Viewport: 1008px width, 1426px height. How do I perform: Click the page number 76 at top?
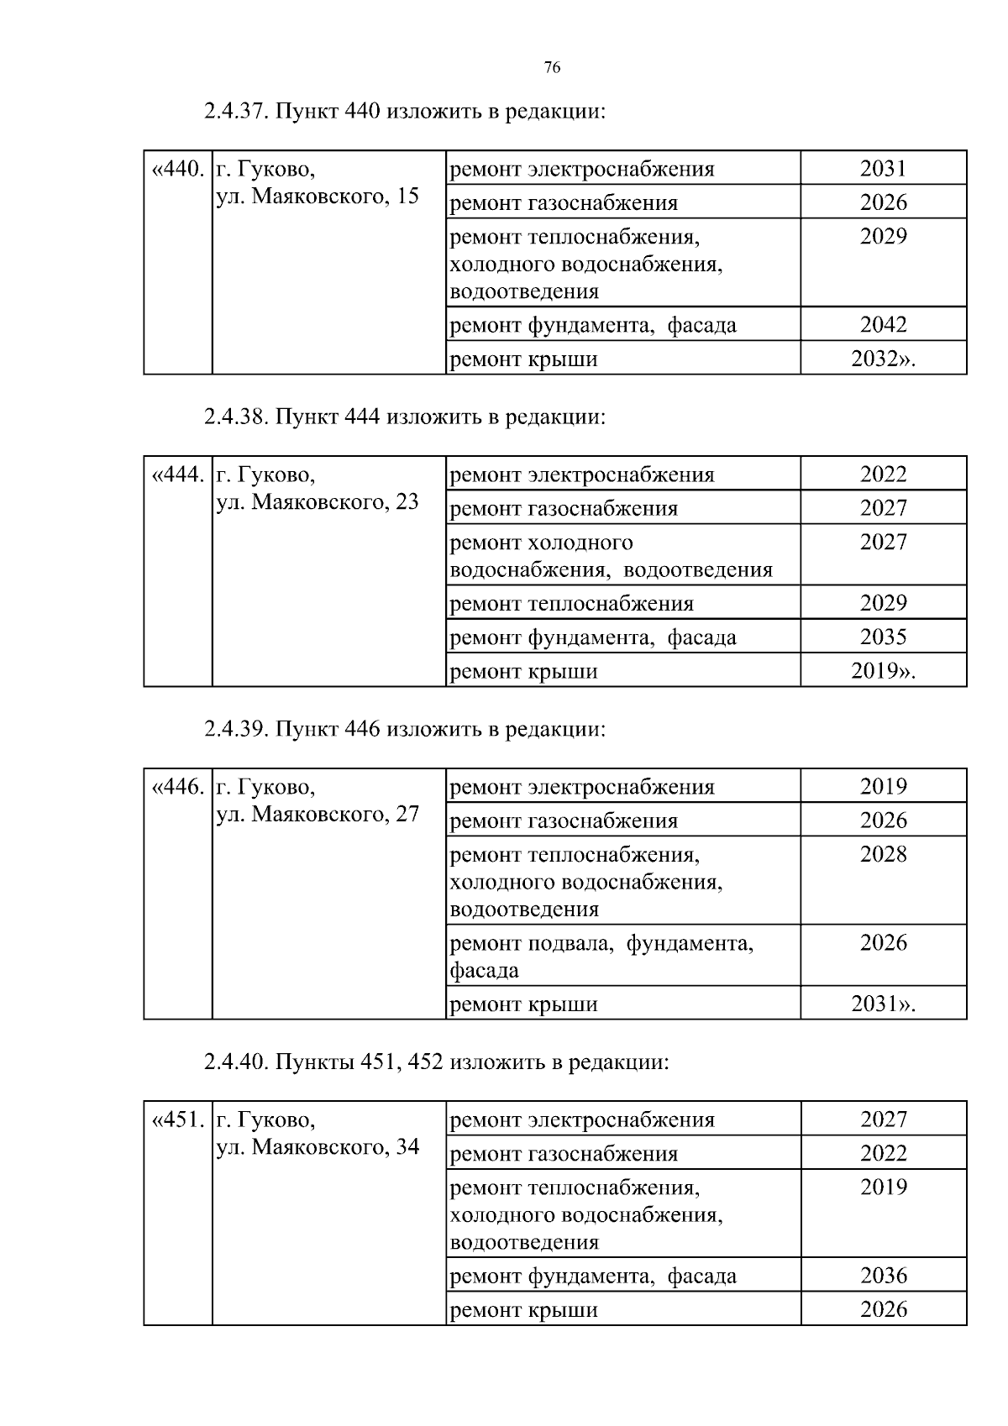(x=552, y=68)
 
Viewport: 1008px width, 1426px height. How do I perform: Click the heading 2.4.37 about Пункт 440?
(x=404, y=111)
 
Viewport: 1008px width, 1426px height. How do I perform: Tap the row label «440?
(x=177, y=170)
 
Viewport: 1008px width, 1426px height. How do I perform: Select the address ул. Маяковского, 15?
(x=318, y=197)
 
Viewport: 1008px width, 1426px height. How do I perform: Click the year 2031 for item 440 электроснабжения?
(x=883, y=169)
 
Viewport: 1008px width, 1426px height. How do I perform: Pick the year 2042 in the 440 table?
(x=883, y=325)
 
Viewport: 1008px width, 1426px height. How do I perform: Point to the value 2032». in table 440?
(x=883, y=359)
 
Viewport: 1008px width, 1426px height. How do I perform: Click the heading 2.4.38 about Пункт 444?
(x=404, y=417)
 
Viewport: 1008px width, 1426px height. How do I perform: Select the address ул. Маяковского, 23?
(x=318, y=503)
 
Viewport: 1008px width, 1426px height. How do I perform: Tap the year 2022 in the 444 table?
(x=883, y=474)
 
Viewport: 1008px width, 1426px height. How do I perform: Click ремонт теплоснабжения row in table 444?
(x=572, y=604)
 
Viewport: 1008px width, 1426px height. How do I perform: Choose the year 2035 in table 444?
(x=883, y=637)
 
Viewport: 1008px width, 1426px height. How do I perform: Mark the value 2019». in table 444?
(x=883, y=672)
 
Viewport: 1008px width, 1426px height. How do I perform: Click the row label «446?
(x=177, y=788)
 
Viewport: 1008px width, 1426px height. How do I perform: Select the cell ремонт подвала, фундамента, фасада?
(x=601, y=957)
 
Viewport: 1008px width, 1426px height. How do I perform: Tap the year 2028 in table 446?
(x=883, y=855)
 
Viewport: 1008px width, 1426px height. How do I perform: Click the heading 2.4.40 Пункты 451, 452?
(x=436, y=1062)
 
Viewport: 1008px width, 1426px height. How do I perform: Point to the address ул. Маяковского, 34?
(x=318, y=1148)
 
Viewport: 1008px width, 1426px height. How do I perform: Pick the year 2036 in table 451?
(x=883, y=1276)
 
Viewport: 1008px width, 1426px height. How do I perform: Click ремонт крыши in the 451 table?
(x=524, y=1310)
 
